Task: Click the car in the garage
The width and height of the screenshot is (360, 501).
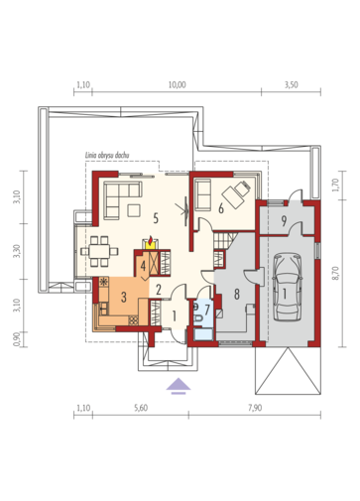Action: (x=288, y=287)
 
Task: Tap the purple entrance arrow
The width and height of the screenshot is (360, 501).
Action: (x=179, y=386)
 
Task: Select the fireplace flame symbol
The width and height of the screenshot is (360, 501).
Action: (x=151, y=241)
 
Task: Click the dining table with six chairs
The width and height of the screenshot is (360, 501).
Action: (x=99, y=251)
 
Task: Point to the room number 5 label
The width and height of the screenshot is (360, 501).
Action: (x=156, y=218)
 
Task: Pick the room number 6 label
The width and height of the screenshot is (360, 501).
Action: (x=221, y=208)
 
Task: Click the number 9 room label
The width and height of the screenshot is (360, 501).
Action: (x=284, y=221)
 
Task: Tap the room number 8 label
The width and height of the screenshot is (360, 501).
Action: (x=237, y=294)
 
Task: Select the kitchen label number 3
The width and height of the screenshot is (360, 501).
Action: (x=124, y=297)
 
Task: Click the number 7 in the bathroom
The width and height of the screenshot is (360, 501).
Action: (x=207, y=310)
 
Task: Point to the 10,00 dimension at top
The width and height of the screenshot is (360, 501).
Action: (x=178, y=85)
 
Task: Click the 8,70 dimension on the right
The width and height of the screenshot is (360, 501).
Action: (x=336, y=273)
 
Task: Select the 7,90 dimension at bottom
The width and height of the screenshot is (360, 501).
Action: (x=255, y=408)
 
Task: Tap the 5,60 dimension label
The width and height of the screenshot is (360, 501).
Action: (x=141, y=408)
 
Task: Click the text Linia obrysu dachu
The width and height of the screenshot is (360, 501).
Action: (x=107, y=155)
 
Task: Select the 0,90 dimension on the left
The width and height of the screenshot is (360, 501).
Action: (x=17, y=339)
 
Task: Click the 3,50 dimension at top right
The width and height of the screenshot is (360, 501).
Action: (x=292, y=85)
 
